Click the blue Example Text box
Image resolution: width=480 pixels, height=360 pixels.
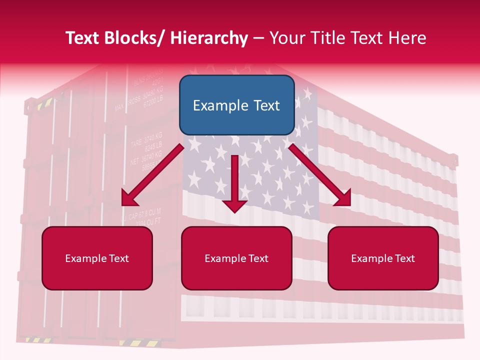click(236, 105)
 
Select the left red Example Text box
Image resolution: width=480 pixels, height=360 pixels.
click(97, 258)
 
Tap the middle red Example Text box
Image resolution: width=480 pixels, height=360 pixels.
click(236, 258)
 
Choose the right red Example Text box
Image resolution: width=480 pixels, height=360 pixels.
click(383, 258)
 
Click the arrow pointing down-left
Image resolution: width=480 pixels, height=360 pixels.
click(152, 174)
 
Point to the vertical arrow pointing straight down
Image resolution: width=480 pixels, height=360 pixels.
click(234, 182)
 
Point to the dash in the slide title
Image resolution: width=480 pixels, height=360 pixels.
click(258, 38)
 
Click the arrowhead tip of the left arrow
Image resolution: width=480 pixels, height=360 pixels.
click(126, 201)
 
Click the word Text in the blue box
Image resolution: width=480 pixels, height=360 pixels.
click(263, 105)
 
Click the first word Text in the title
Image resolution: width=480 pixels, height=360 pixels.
click(82, 38)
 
